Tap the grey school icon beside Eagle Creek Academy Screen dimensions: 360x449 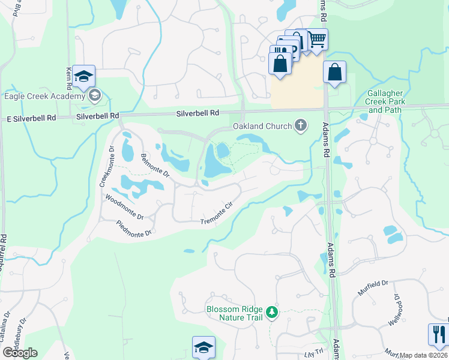[94, 95]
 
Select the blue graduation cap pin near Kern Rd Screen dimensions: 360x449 [84, 76]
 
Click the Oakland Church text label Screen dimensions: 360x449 [262, 127]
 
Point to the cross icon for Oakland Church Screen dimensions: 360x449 [301, 126]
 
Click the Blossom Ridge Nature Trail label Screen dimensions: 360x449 [235, 313]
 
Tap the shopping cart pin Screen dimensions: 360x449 [317, 40]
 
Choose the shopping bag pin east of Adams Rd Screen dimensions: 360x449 [335, 72]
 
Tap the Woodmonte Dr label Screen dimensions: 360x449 [124, 207]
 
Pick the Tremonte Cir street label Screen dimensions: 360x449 [216, 214]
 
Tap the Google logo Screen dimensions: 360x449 [20, 352]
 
